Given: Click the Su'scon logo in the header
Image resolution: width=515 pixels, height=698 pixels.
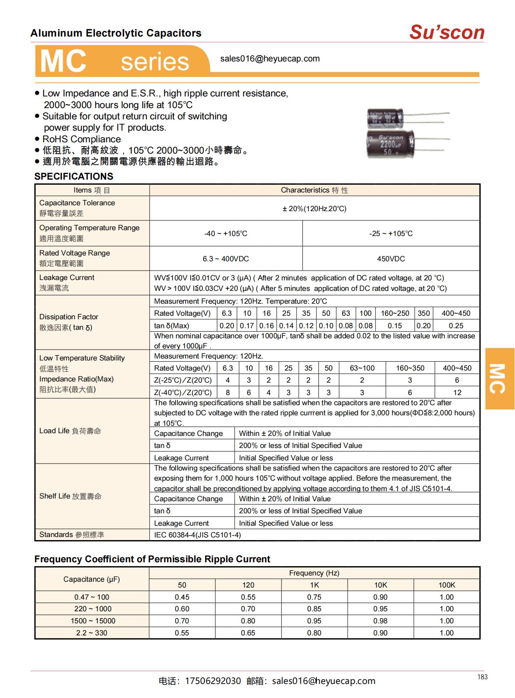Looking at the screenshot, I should coord(446,32).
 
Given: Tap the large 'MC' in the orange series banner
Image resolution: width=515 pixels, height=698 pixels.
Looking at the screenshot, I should coord(63,61).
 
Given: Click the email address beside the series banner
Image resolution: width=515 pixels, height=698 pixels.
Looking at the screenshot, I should coord(270,59).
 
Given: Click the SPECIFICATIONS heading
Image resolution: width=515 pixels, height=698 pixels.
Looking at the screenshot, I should coord(74,176).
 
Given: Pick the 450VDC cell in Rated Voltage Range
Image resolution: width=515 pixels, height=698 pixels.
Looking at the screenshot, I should coord(391,259).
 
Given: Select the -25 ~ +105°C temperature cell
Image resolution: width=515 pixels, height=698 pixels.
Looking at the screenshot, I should coord(391,233).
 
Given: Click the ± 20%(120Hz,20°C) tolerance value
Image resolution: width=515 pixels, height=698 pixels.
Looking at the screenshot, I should coord(314,209).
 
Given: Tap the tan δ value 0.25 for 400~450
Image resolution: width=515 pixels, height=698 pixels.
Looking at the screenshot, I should coord(456,326).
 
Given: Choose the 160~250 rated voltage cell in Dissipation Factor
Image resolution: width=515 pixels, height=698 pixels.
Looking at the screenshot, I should coord(395,313).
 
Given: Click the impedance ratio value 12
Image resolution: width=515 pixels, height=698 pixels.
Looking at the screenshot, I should coord(457,392).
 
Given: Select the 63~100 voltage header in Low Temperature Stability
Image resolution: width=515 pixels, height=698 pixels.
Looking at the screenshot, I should coord(362,368).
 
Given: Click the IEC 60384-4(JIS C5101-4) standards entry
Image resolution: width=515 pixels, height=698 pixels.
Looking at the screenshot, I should coord(197,535).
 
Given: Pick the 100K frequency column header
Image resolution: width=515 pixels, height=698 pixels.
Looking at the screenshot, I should coord(446,585).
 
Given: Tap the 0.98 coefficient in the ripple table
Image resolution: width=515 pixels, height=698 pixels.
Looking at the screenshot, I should coord(380,621).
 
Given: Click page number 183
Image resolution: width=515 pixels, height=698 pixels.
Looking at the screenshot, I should coord(482,677).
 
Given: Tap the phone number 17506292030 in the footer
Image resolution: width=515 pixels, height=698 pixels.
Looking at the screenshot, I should coord(213,681).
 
